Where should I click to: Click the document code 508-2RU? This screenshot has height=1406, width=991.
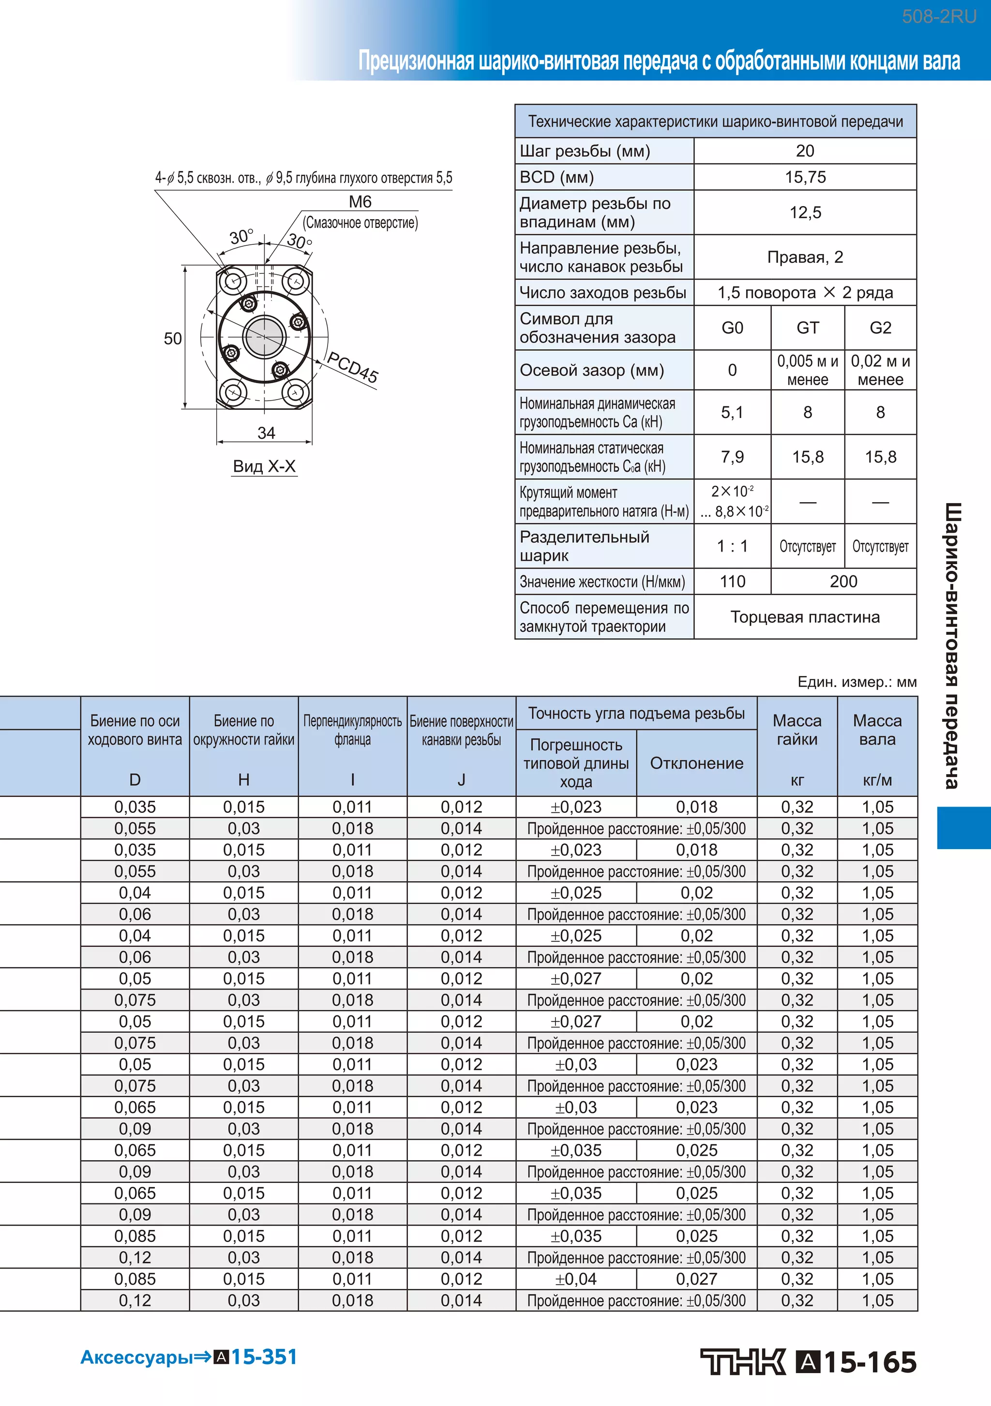coord(938,16)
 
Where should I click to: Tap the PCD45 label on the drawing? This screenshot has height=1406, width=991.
coord(352,367)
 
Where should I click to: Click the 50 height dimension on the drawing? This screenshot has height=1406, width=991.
coord(173,339)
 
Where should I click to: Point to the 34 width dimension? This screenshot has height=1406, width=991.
coord(266,433)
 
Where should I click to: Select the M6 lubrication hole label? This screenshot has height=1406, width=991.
coord(360,201)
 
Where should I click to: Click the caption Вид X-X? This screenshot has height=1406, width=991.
coord(264,466)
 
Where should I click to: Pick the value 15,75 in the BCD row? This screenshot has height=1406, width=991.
coord(805,177)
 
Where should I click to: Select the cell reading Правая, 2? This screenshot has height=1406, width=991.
coord(805,257)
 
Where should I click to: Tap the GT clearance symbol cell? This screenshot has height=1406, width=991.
coord(807,328)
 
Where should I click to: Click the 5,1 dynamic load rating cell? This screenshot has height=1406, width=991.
coord(732,412)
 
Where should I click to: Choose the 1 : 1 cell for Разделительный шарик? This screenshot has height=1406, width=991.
coord(732,546)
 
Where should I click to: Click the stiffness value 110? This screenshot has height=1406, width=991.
coord(732,581)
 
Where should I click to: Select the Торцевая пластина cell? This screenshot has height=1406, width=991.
coord(805,617)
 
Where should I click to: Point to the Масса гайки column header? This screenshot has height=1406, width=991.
coord(797,730)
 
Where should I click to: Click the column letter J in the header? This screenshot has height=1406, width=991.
coord(461,779)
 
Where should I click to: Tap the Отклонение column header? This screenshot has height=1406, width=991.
coord(696,763)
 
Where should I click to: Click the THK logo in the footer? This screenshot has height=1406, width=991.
coord(743,1362)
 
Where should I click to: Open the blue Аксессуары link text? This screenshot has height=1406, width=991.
coord(136,1358)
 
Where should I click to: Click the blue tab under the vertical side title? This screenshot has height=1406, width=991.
coord(963,827)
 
